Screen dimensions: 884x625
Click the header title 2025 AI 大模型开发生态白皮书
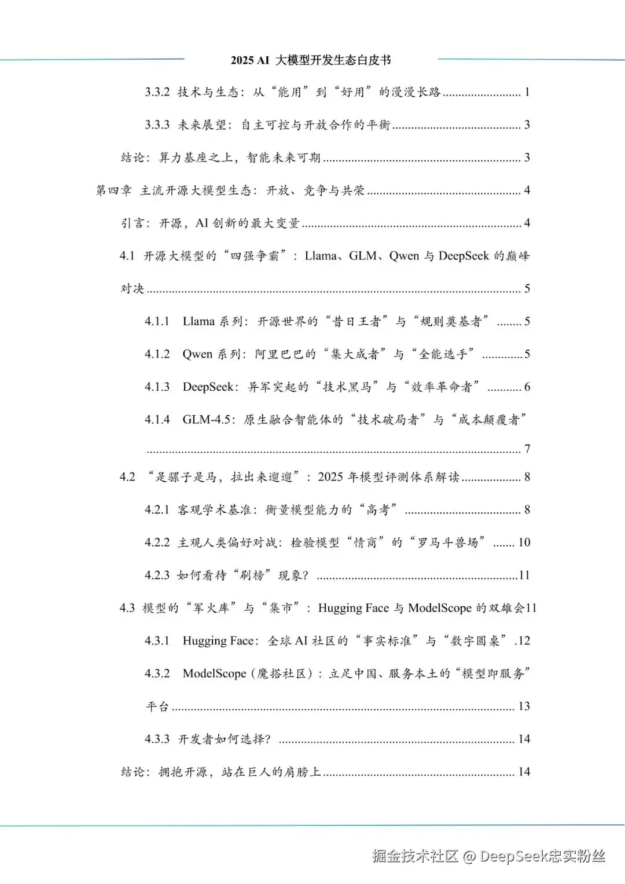tap(311, 60)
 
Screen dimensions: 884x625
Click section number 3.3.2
tap(157, 92)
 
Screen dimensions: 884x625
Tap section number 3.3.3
tap(157, 125)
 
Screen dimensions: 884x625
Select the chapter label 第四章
tap(113, 190)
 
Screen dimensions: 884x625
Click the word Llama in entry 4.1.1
tap(198, 321)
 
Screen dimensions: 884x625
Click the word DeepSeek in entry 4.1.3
tap(208, 387)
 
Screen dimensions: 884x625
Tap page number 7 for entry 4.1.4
tap(527, 449)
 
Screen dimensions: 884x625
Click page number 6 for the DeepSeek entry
tap(527, 387)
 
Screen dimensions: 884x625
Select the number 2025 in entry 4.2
tap(330, 477)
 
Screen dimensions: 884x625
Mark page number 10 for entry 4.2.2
tap(524, 542)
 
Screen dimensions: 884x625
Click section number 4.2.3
tap(157, 575)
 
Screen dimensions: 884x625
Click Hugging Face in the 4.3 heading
tap(354, 608)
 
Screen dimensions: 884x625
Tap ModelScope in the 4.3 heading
tap(440, 608)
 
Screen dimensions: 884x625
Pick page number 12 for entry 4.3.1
tap(524, 641)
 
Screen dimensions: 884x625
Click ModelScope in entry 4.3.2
tap(214, 674)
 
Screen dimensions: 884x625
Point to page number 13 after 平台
tap(524, 706)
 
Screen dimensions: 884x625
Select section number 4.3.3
tap(157, 739)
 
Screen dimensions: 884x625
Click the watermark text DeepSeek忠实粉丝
tap(542, 856)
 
